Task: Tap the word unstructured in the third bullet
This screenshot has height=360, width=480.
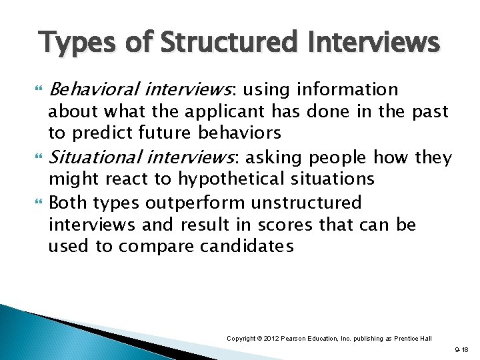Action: point(317,203)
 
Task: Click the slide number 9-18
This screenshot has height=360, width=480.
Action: point(461,349)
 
